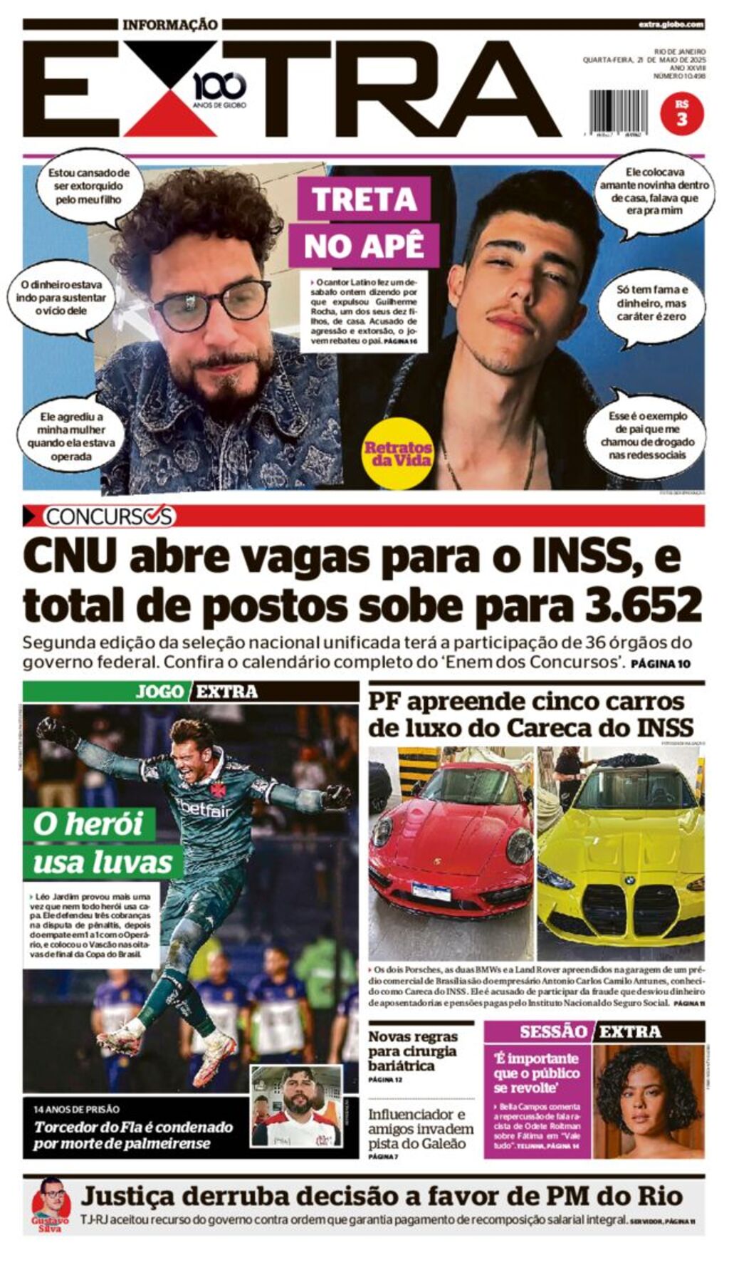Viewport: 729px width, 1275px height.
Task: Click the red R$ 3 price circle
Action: [681, 113]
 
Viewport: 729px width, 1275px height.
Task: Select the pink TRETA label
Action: [363, 198]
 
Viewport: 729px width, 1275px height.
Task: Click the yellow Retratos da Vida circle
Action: [398, 453]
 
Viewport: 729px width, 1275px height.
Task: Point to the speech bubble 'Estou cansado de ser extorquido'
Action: [89, 186]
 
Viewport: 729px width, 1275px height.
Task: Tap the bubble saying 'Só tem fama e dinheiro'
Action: [651, 303]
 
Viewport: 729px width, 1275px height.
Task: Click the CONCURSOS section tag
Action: [108, 516]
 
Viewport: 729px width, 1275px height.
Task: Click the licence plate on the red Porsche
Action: [431, 891]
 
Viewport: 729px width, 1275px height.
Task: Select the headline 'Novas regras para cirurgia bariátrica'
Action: [412, 1051]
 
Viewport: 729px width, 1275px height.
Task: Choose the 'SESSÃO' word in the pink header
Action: [552, 1031]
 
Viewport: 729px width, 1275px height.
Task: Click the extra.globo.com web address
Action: [671, 24]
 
